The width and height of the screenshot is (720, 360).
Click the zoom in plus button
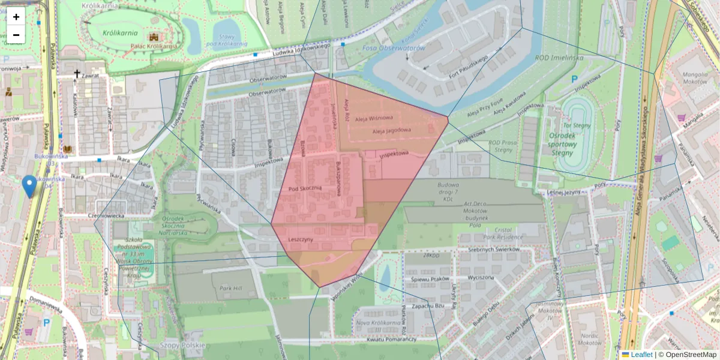coord(16,17)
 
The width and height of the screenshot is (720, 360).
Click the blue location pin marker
coord(28,185)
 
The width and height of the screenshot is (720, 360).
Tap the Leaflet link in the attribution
coord(641,355)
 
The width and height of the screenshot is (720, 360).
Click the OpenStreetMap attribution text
coord(691,355)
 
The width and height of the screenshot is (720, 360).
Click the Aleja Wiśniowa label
coord(374,118)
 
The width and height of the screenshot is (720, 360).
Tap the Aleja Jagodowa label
coord(391,130)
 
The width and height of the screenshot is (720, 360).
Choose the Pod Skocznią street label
coord(305,188)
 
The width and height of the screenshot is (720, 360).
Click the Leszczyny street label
coord(301,239)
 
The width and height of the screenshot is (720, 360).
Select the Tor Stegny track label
coord(577,125)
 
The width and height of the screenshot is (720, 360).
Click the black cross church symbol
coord(76,74)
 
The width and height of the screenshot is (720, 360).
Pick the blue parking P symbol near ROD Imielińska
coord(574,79)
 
